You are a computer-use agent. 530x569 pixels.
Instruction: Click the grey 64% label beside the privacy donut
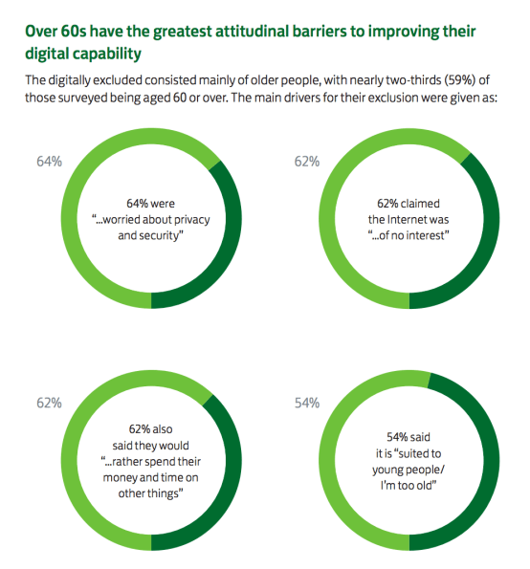click(49, 162)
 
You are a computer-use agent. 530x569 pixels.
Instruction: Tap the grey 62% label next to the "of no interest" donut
click(306, 162)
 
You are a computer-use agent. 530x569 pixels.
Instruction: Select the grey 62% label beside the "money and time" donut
click(49, 404)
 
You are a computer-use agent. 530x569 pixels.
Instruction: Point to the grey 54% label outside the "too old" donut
click(306, 404)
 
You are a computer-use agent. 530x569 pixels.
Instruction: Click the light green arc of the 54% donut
click(341, 459)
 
